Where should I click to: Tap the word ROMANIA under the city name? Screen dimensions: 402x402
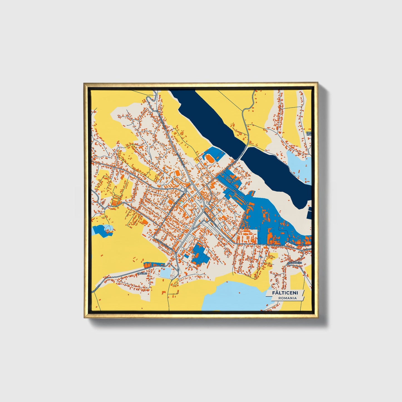[287, 298]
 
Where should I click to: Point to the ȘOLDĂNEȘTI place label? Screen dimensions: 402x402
[295, 263]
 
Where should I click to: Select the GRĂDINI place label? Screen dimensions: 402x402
[142, 274]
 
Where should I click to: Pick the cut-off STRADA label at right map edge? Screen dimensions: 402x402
[307, 250]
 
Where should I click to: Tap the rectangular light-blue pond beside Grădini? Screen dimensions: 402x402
[166, 273]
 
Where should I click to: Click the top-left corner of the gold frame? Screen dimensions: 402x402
[84, 83]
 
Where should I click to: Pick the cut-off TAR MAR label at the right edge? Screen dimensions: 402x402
[309, 135]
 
